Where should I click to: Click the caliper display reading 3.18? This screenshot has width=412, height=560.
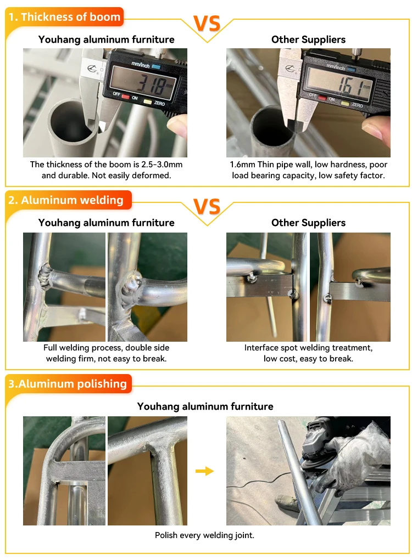tap(143, 83)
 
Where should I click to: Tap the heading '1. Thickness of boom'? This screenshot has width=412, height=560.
tap(64, 17)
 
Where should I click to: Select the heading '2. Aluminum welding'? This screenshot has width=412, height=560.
tap(66, 200)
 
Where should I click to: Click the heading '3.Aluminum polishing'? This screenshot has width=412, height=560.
tap(68, 383)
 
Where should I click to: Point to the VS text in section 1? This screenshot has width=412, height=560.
tap(207, 24)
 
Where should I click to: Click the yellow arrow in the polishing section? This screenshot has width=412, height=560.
tap(204, 471)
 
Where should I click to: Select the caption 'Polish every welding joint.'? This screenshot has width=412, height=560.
tap(204, 535)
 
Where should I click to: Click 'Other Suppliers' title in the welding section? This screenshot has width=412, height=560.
tap(308, 223)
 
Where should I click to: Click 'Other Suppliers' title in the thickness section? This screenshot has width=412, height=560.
tap(308, 39)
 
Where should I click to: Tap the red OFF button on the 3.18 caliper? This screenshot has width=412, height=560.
tap(125, 97)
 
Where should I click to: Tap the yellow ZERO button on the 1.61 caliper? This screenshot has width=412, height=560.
tap(345, 104)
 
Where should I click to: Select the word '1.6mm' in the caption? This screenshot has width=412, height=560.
tap(242, 165)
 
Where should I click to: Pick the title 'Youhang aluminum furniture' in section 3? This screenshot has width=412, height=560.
tap(205, 406)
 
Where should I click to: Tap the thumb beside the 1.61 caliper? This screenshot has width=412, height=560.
tap(376, 127)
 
